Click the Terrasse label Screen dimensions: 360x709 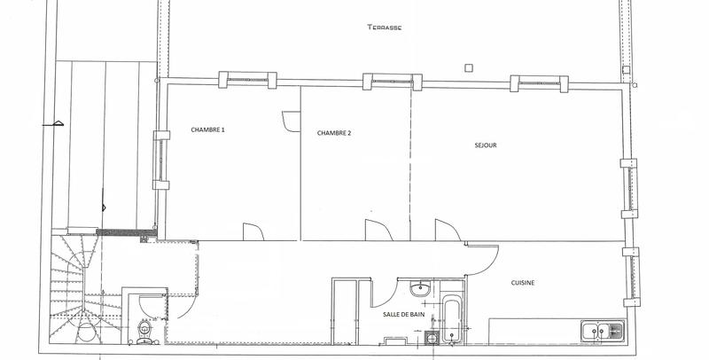pos(386,27)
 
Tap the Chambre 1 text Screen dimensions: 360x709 pos(207,130)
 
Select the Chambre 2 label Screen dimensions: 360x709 pos(334,133)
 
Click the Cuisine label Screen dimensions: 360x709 pos(523,283)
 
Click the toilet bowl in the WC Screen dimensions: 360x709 pos(144,330)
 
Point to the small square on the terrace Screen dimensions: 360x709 pos(468,67)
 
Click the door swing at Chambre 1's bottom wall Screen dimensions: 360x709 pos(252,231)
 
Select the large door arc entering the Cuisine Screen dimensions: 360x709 pos(482,261)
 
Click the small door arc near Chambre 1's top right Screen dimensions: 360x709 pos(290,121)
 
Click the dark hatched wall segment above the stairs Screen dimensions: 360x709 pos(126,232)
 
